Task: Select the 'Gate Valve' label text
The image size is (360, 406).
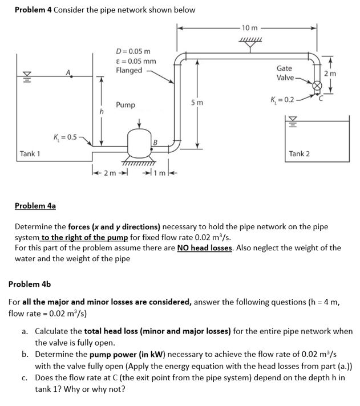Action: tap(285, 73)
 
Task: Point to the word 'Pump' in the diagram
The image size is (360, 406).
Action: tap(126, 105)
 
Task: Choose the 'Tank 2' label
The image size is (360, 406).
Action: tap(300, 153)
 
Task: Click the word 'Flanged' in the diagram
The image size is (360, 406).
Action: tap(129, 71)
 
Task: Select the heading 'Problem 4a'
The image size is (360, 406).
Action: tap(35, 205)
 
